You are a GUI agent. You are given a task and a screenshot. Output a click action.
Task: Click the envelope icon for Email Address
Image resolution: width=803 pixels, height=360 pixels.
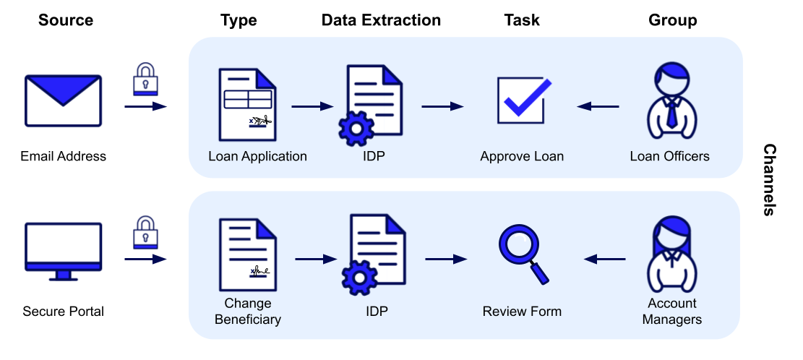tap(63, 101)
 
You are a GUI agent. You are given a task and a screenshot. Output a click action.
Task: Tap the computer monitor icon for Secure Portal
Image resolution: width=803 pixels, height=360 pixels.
tap(63, 252)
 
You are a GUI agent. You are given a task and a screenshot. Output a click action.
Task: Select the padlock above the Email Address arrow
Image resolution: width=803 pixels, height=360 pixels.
tap(145, 79)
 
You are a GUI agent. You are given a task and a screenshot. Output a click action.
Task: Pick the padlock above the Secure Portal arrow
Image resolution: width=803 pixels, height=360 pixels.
tap(145, 233)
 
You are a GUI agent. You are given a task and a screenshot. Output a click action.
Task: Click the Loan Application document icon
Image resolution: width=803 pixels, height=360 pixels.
tap(247, 105)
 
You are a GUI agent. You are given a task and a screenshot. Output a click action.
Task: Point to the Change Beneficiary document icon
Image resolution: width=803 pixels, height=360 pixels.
tap(248, 255)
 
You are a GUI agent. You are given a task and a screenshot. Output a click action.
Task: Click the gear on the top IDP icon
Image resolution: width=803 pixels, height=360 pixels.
tap(357, 129)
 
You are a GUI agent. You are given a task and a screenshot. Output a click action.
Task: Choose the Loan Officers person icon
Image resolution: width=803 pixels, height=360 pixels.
tap(672, 101)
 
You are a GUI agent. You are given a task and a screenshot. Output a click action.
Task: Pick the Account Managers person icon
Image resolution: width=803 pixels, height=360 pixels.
tap(672, 254)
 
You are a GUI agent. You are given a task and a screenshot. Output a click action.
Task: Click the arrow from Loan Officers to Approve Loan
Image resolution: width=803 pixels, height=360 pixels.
tap(598, 106)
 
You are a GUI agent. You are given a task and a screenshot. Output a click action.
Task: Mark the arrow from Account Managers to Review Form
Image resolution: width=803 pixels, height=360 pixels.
tap(604, 259)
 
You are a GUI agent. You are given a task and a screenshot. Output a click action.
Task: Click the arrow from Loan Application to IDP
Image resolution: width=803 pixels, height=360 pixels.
tap(312, 106)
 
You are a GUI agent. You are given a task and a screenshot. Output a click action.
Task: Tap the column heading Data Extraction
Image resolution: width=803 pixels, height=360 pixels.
tap(381, 20)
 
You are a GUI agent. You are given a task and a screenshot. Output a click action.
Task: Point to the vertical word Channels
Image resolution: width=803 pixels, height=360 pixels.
tap(769, 180)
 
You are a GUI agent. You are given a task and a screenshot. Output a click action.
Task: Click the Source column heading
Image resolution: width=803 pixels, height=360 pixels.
tap(66, 20)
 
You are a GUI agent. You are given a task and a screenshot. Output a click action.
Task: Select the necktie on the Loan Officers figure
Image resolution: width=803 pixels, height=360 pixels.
tap(672, 113)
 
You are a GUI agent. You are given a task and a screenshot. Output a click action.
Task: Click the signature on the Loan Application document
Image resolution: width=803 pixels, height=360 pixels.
tap(259, 121)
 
